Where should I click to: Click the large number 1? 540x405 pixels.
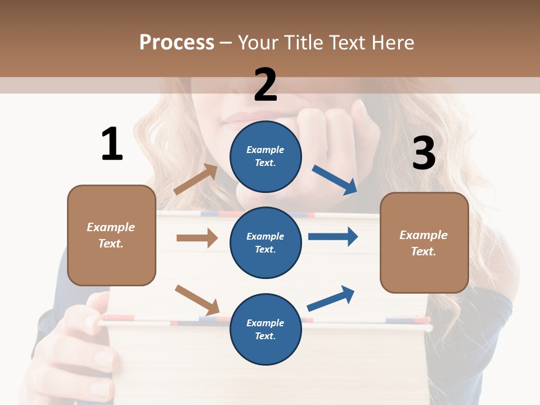[x=112, y=144]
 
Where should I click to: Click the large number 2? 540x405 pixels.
[x=265, y=84]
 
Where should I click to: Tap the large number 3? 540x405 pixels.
[x=424, y=154]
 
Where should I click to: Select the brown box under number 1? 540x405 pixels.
[x=111, y=235]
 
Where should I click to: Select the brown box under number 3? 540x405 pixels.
[x=424, y=243]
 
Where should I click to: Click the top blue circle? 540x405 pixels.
[x=265, y=156]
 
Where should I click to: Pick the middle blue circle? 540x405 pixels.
[x=265, y=243]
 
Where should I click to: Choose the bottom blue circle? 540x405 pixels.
[x=265, y=330]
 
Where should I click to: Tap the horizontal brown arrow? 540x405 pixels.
[x=197, y=238]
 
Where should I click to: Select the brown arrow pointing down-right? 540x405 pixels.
[x=197, y=299]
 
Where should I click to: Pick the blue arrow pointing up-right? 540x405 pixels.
[x=331, y=298]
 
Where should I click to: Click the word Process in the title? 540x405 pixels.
[x=177, y=42]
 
